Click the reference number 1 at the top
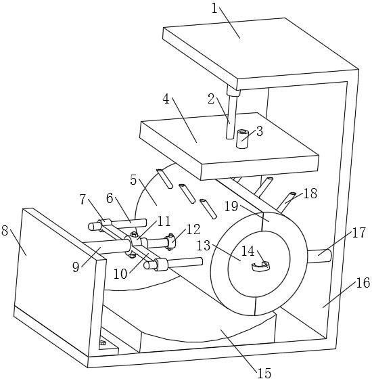tap(214, 9)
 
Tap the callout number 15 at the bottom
tap(264, 374)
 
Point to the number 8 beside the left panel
tap(5, 230)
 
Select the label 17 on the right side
tap(358, 233)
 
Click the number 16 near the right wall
tap(363, 283)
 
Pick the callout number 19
tap(231, 206)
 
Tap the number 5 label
tap(133, 180)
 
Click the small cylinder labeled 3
tap(242, 139)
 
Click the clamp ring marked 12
tap(170, 241)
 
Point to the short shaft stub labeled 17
tap(320, 256)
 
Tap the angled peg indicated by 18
tap(286, 202)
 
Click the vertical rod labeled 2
tap(230, 114)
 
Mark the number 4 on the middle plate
tap(166, 99)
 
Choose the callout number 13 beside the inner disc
tap(204, 246)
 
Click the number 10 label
tap(120, 274)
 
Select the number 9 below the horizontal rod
tap(76, 267)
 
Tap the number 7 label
tap(83, 200)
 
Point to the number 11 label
tap(164, 221)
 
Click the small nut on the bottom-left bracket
tap(103, 342)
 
